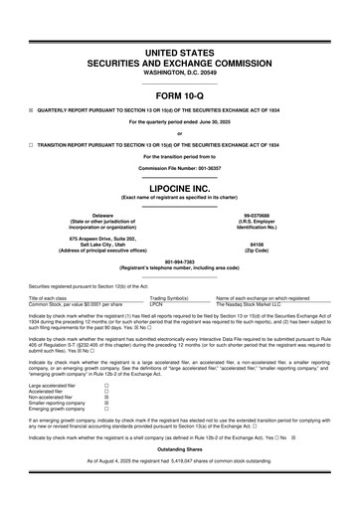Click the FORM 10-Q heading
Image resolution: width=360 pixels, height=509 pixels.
tap(179, 97)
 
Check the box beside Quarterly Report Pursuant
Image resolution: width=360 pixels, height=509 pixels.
tap(33, 112)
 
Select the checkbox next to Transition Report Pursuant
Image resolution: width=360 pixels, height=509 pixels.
tap(33, 143)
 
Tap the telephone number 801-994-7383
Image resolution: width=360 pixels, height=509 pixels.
tap(179, 261)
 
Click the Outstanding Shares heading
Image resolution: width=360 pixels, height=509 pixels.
tap(179, 475)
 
